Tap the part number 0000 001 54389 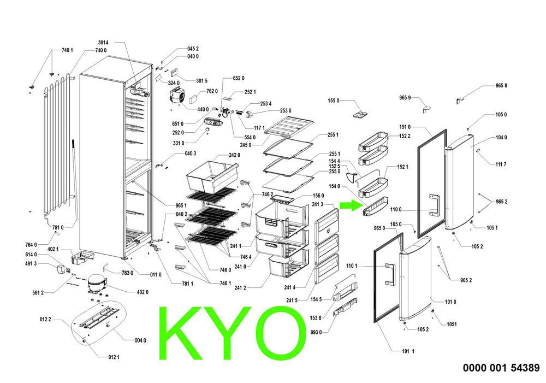(x=501, y=368)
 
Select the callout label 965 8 (x=501, y=86)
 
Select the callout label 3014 (x=103, y=43)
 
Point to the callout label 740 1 (x=67, y=50)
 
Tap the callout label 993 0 (x=316, y=332)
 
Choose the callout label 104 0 (x=501, y=137)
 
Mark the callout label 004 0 (x=140, y=340)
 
